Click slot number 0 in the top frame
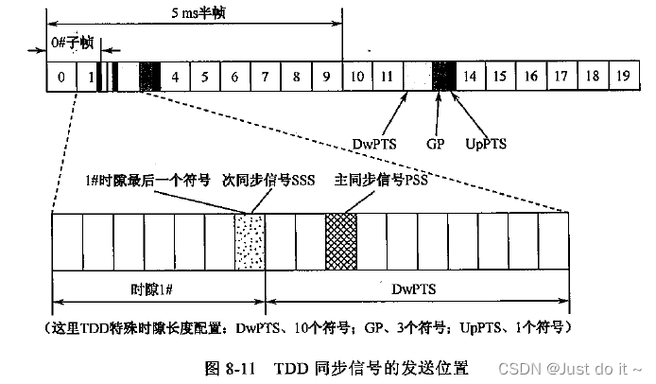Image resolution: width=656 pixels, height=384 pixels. [x=61, y=77]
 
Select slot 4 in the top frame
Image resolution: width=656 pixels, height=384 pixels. [x=175, y=77]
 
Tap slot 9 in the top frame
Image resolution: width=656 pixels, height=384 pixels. [x=326, y=77]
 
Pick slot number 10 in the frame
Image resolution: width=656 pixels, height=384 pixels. [x=357, y=77]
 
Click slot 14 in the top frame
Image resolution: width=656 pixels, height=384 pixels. [x=472, y=77]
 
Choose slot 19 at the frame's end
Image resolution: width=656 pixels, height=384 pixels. [x=622, y=77]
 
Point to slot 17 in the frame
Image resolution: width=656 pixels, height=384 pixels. [x=561, y=77]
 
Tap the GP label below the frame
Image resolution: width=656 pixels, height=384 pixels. [x=436, y=145]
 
